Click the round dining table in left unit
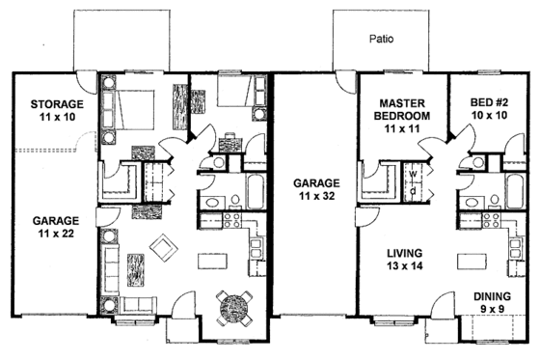tap(234, 308)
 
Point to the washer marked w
tap(413, 176)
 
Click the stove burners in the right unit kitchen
tap(487, 219)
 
